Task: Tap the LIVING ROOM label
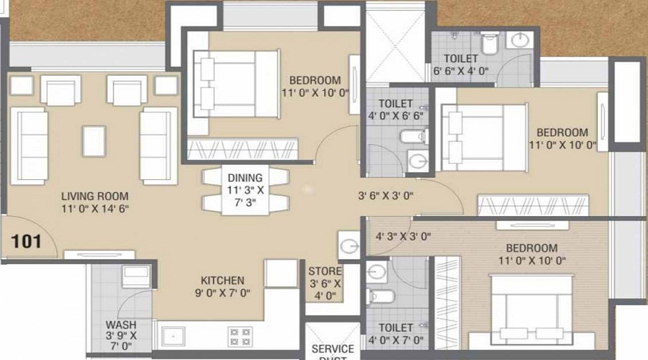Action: [94, 196]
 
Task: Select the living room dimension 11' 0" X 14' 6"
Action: [94, 210]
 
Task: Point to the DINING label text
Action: [245, 178]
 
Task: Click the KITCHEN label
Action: [222, 280]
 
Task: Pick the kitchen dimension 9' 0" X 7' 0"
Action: [222, 293]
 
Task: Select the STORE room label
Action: [323, 271]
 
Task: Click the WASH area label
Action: [120, 325]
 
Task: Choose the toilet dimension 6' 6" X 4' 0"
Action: [461, 71]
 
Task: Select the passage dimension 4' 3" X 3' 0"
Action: [403, 235]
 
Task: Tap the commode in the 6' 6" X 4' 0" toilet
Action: [489, 43]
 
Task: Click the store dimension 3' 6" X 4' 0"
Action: [323, 289]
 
